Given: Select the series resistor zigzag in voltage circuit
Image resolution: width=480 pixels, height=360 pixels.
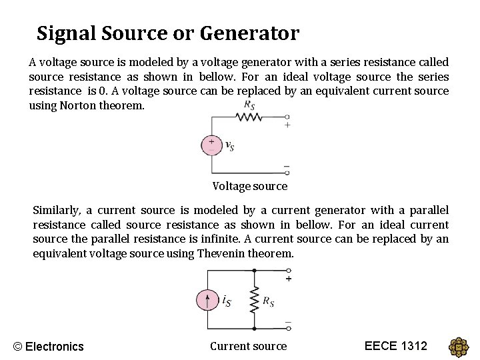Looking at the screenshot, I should tap(249, 117).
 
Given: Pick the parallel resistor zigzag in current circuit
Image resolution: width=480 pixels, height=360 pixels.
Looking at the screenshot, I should tap(254, 301).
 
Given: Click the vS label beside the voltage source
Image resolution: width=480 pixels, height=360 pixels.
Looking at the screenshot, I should tap(229, 146).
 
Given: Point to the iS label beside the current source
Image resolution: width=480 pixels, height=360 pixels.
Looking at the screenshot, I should tap(227, 301).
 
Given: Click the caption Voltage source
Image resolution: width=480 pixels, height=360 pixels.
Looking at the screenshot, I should tap(250, 186).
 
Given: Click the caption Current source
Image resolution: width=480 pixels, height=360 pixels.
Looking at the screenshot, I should tap(248, 346).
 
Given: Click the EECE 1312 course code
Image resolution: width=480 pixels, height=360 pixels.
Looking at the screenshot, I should tap(396, 345).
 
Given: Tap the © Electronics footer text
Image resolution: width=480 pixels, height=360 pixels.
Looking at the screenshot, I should tap(49, 346).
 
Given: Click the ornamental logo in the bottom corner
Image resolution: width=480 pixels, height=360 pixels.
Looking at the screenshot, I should tap(459, 347).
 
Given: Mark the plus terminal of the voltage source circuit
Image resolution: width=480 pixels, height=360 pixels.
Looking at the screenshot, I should tap(287, 125).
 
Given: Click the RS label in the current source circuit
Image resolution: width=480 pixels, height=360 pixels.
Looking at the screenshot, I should tap(268, 302).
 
